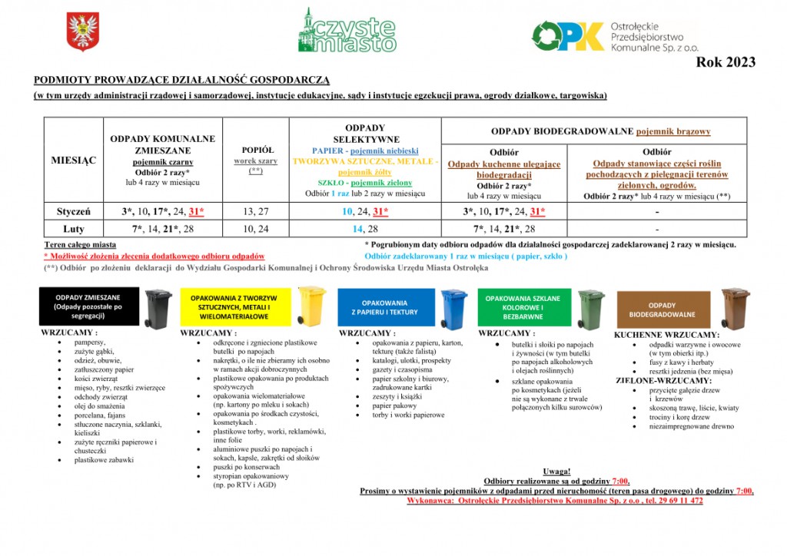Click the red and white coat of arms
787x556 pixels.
point(78,32)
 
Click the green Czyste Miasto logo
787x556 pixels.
point(347,31)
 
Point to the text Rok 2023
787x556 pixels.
point(726,62)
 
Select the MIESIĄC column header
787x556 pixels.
point(74,160)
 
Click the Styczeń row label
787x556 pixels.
point(74,211)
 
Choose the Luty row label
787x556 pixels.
point(74,229)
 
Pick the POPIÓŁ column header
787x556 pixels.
point(255,150)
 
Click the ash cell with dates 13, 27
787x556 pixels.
point(255,211)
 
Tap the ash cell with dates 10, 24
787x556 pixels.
point(255,229)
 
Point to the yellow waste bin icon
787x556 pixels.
point(312,306)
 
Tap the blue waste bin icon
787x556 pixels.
point(453,307)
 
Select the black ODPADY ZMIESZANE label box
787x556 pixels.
point(90,306)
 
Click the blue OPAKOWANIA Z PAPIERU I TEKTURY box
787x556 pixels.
point(384,307)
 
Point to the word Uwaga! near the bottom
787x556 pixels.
point(556,471)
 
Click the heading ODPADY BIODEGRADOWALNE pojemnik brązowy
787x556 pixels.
point(600,131)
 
